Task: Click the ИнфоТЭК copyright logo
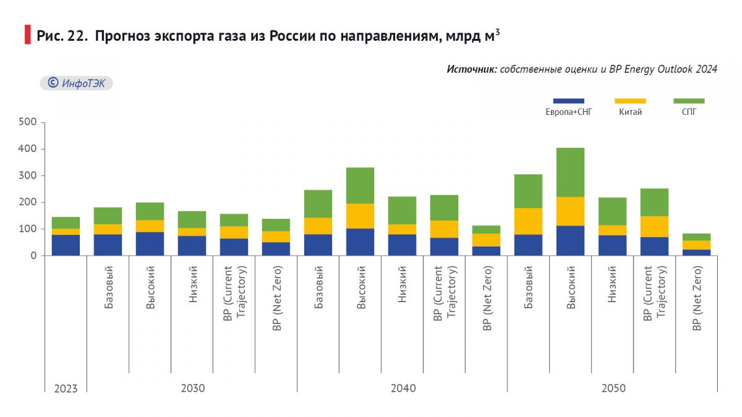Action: [x=77, y=83]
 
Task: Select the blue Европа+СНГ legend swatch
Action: [x=568, y=101]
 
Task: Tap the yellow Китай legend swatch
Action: [x=630, y=101]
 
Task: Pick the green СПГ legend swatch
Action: [x=689, y=101]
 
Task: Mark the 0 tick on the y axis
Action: [x=34, y=255]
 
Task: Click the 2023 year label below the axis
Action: [x=66, y=389]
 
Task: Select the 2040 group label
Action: [x=403, y=389]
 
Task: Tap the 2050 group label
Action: [x=613, y=389]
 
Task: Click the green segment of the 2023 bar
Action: [x=66, y=222]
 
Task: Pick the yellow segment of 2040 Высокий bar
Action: [x=360, y=216]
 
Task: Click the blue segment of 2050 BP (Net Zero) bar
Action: [x=696, y=252]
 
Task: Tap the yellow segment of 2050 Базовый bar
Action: [x=528, y=221]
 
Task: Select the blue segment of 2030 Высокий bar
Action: [x=150, y=243]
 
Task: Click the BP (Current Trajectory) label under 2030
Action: [x=234, y=292]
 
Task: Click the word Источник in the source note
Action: [x=472, y=69]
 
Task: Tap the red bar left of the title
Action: [x=27, y=35]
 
